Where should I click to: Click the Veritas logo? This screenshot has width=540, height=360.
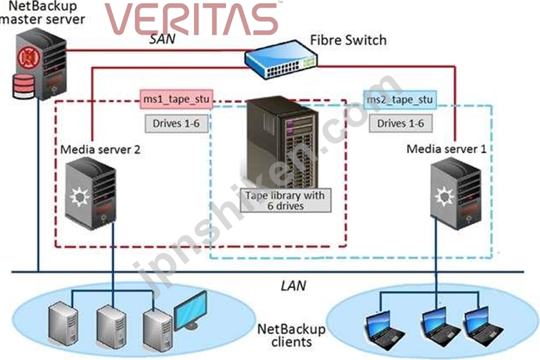pyautogui.click(x=192, y=19)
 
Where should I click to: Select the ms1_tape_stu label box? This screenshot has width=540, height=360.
pyautogui.click(x=176, y=99)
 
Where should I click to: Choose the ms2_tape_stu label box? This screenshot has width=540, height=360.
pyautogui.click(x=400, y=100)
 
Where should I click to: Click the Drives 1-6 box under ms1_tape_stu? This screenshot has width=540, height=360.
pyautogui.click(x=176, y=123)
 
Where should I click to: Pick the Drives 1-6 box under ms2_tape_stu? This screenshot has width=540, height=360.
pyautogui.click(x=401, y=123)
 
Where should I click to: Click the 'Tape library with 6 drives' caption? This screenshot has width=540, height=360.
pyautogui.click(x=285, y=201)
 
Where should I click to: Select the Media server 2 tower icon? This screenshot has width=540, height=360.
pyautogui.click(x=91, y=193)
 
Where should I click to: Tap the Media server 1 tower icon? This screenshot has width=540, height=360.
pyautogui.click(x=456, y=193)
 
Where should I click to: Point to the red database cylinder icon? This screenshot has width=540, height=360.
pyautogui.click(x=23, y=85)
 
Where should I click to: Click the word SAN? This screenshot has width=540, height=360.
pyautogui.click(x=162, y=39)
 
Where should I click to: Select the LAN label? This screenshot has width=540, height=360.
pyautogui.click(x=293, y=285)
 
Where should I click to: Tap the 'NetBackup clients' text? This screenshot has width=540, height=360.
pyautogui.click(x=291, y=336)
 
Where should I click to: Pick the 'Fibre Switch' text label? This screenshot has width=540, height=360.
pyautogui.click(x=348, y=40)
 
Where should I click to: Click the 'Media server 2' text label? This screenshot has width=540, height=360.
pyautogui.click(x=100, y=150)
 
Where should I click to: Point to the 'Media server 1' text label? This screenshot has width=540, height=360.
pyautogui.click(x=446, y=149)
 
